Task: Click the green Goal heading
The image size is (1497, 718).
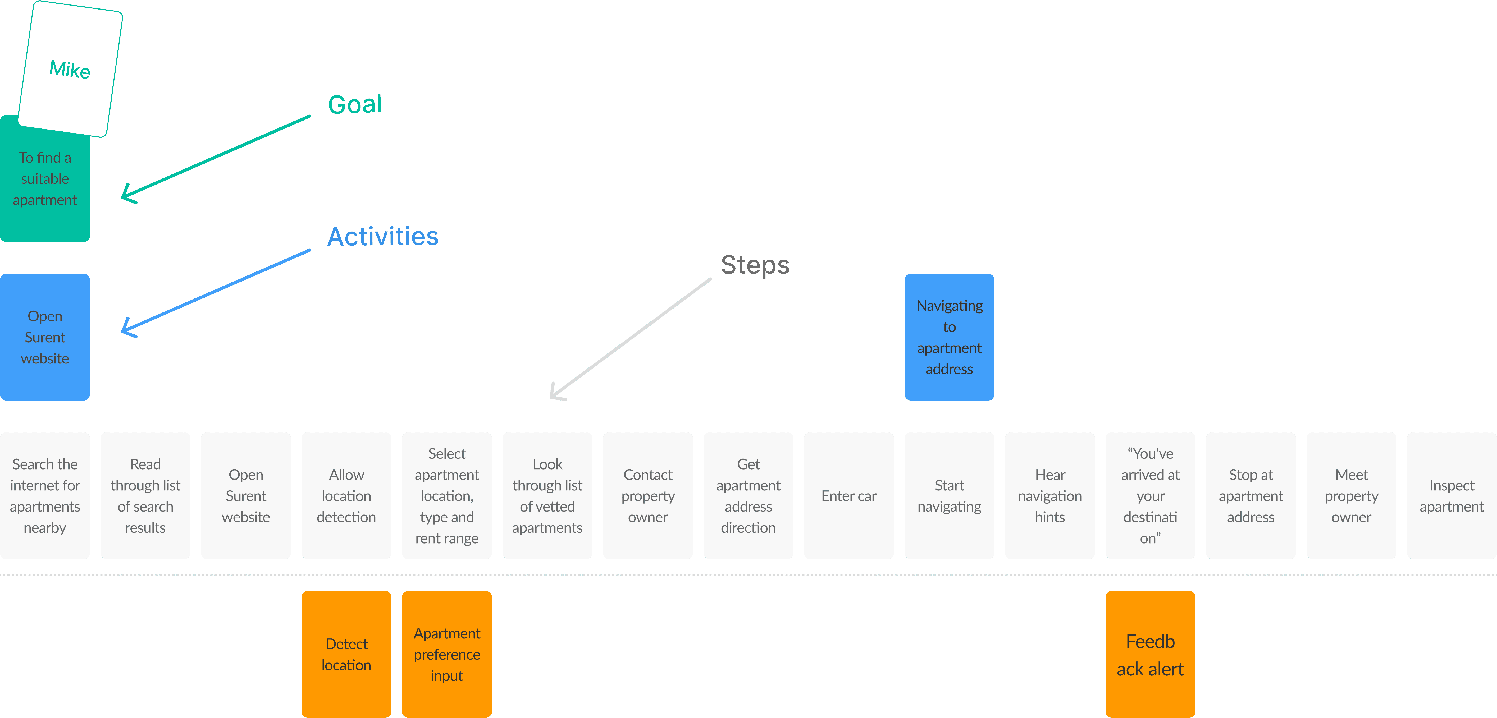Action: tap(354, 105)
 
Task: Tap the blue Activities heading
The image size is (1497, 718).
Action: tap(382, 236)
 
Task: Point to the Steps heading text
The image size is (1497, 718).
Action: tap(755, 265)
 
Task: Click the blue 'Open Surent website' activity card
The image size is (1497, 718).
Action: tap(45, 337)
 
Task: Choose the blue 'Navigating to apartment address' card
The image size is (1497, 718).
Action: tap(949, 337)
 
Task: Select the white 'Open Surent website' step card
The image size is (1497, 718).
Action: tap(246, 495)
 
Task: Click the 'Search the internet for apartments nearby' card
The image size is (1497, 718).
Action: tap(45, 495)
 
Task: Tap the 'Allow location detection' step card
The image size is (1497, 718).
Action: tap(346, 495)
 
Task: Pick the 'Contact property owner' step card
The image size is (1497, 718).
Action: tap(647, 495)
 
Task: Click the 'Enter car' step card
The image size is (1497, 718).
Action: tap(848, 495)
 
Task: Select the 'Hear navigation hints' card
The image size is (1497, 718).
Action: tap(1049, 495)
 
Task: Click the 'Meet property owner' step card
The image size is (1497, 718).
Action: tap(1351, 495)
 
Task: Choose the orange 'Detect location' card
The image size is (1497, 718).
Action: tap(346, 654)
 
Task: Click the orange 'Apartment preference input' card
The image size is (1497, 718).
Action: tap(447, 654)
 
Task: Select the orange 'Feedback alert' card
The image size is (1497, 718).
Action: tap(1150, 654)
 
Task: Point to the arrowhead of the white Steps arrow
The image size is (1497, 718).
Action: tap(553, 396)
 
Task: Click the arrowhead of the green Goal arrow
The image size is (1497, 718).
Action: tap(125, 196)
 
